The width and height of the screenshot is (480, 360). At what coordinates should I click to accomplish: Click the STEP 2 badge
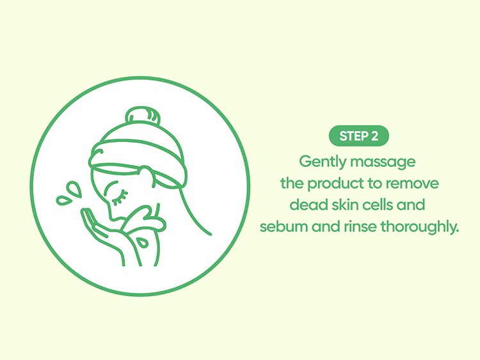pyautogui.click(x=359, y=136)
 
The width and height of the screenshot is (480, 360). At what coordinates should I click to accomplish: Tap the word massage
pyautogui.click(x=383, y=162)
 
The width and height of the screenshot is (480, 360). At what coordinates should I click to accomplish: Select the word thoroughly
pyautogui.click(x=419, y=227)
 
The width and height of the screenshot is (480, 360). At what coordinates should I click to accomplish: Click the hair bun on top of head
pyautogui.click(x=143, y=116)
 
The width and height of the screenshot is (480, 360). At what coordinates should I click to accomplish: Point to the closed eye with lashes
pyautogui.click(x=120, y=198)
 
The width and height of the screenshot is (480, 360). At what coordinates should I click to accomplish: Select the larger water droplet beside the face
pyautogui.click(x=74, y=189)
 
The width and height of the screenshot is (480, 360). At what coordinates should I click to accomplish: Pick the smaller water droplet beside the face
pyautogui.click(x=63, y=201)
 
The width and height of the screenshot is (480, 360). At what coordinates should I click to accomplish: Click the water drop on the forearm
pyautogui.click(x=142, y=242)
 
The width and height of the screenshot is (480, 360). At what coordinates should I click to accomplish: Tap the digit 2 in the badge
pyautogui.click(x=374, y=136)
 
